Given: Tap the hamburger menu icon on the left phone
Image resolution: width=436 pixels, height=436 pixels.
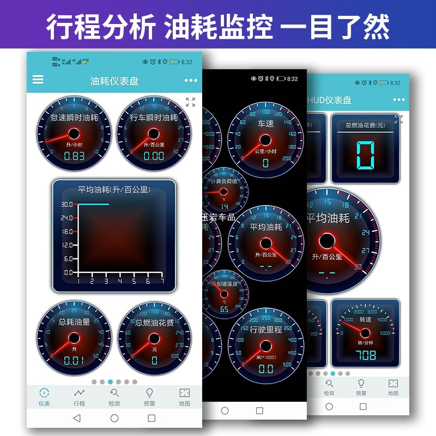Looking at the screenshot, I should [38, 80].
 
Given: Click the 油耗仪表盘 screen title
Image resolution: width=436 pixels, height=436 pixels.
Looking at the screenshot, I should [114, 81].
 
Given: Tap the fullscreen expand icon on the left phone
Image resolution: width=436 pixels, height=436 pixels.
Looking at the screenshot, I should [190, 102].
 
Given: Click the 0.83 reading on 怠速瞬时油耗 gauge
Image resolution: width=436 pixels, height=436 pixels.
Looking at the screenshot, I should [75, 156].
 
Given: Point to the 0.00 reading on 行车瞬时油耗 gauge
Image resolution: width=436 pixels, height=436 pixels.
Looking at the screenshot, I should [154, 156].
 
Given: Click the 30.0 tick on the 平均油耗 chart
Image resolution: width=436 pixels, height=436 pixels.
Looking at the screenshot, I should [67, 205].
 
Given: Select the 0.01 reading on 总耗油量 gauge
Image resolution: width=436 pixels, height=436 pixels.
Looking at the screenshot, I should [74, 360].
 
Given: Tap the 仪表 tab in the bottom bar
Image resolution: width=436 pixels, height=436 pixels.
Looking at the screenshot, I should [44, 397].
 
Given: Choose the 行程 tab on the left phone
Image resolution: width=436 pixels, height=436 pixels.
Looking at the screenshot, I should [79, 397].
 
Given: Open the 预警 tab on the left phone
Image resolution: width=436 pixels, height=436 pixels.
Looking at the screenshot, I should [149, 397].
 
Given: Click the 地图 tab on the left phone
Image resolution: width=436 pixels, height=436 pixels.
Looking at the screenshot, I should [184, 397].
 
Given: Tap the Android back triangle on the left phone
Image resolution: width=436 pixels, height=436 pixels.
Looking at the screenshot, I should [77, 418].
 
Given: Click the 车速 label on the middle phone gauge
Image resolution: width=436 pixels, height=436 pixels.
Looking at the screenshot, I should [265, 124].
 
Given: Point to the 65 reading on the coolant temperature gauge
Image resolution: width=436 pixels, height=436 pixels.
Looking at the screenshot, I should [224, 310].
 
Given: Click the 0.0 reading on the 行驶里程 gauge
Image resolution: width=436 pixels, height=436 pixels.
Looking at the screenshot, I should [265, 370].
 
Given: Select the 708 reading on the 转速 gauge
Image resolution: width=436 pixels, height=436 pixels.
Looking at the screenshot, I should [365, 355].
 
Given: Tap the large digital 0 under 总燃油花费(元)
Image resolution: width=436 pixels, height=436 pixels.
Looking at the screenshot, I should [365, 155].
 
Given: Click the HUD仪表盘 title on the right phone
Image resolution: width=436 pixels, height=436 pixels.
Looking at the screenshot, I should [330, 100].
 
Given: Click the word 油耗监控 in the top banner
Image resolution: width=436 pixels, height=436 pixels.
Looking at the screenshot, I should [218, 26].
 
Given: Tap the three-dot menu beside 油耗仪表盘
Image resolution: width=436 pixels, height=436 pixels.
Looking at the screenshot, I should [191, 81].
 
